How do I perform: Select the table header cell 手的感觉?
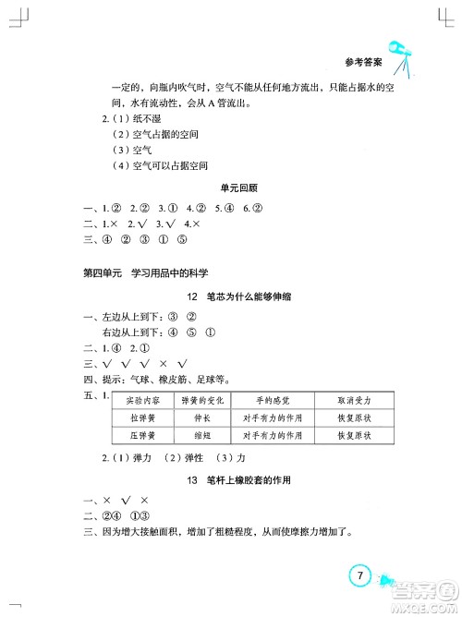click(273, 401)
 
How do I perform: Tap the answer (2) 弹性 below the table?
click(180, 459)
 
